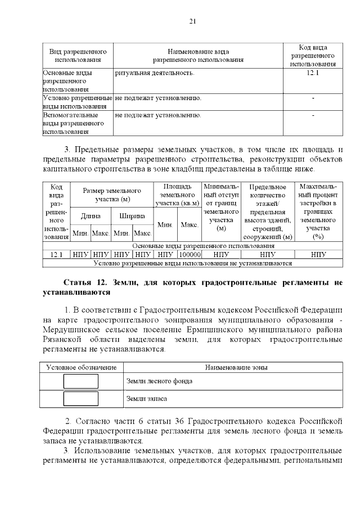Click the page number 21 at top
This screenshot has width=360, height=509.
click(x=192, y=21)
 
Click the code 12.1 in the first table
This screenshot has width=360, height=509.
click(x=313, y=73)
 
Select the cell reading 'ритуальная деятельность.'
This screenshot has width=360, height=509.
click(x=155, y=73)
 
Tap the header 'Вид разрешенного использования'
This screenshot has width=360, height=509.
click(x=78, y=55)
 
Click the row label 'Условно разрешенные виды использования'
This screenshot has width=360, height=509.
click(x=78, y=102)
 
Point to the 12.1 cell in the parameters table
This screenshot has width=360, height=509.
click(x=56, y=254)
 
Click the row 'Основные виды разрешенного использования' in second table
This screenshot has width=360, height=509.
click(x=203, y=246)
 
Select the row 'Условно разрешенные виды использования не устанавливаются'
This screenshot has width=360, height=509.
click(x=192, y=263)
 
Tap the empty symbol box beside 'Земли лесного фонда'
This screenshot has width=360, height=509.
click(x=80, y=381)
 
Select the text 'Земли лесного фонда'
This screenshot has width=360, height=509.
click(x=159, y=381)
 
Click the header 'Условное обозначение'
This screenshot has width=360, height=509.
click(x=82, y=367)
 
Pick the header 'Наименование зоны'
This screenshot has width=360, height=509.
click(x=236, y=367)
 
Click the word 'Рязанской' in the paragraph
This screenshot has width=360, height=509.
click(x=62, y=339)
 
